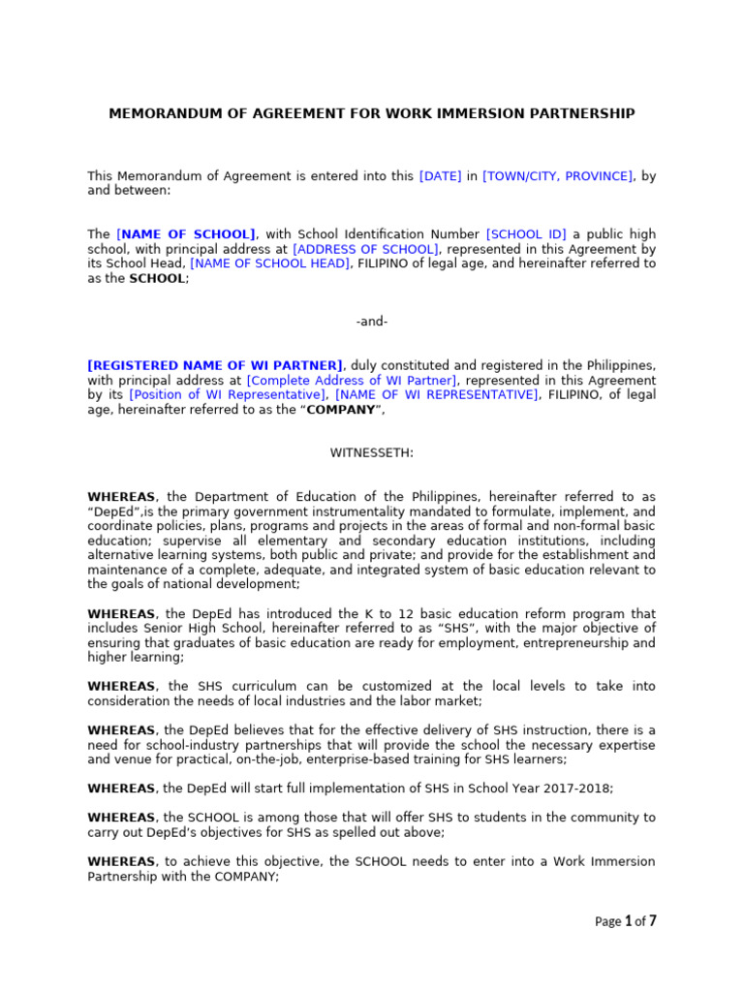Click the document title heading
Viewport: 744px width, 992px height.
[372, 113]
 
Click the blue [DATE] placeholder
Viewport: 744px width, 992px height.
[440, 176]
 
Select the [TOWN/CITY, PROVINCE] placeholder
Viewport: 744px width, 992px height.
[557, 176]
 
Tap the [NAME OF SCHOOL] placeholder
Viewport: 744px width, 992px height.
[186, 234]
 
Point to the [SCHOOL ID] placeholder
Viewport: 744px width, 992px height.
[526, 234]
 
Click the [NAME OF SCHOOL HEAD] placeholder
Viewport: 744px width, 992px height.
[270, 263]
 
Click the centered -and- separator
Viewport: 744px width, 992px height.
[372, 322]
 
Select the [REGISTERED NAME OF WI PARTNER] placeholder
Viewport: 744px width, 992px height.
[215, 365]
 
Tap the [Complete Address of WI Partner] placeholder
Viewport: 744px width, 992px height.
[352, 380]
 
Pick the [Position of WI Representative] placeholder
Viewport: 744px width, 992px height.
[228, 394]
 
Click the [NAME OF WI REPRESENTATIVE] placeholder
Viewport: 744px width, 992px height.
[437, 394]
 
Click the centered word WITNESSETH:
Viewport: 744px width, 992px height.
[372, 452]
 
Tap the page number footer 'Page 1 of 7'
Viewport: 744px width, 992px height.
[625, 921]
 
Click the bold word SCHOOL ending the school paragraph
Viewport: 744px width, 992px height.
[157, 278]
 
